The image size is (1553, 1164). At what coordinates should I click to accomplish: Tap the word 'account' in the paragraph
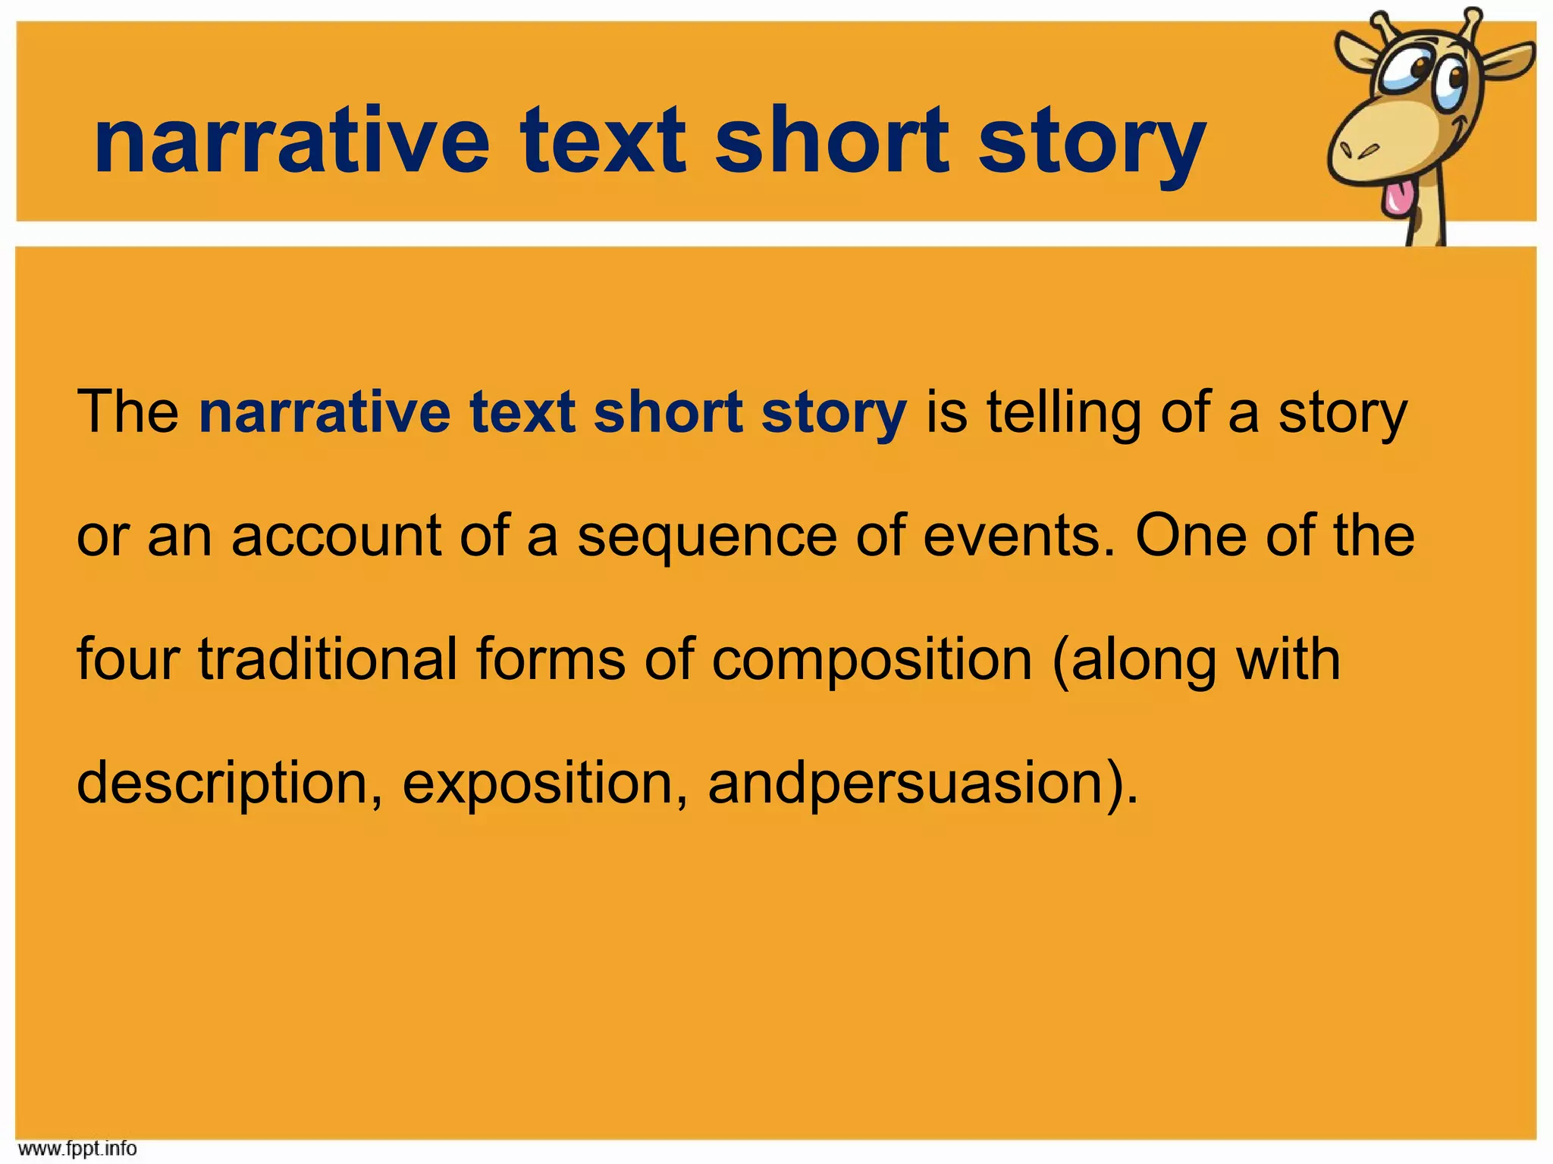(x=336, y=536)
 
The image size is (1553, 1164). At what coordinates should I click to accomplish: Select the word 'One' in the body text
(x=1191, y=536)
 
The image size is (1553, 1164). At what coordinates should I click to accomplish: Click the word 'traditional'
(x=328, y=659)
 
